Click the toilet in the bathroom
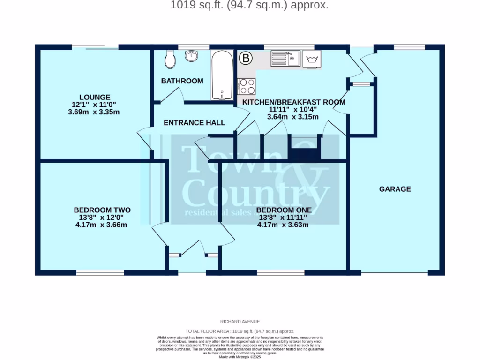(170, 60)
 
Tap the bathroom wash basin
(192, 56)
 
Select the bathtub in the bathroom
(222, 75)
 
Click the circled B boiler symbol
(246, 59)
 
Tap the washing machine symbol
(312, 60)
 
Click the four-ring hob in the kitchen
(247, 86)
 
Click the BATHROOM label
(182, 81)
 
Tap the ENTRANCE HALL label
(194, 123)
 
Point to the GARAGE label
(395, 189)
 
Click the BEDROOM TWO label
(102, 210)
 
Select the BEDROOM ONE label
(284, 210)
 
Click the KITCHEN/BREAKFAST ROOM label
(293, 102)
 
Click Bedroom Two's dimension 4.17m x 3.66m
(102, 225)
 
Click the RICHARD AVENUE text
(240, 322)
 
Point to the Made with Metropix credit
(240, 357)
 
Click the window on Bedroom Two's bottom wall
(100, 272)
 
